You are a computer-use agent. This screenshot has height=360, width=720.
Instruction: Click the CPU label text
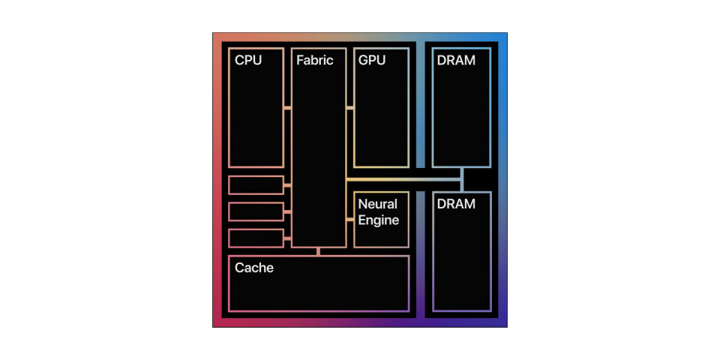pyautogui.click(x=248, y=60)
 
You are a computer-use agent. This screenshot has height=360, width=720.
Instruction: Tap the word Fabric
pyautogui.click(x=314, y=60)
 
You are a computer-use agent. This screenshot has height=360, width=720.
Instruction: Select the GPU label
pyautogui.click(x=372, y=60)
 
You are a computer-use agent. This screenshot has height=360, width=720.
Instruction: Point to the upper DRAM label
pyautogui.click(x=455, y=60)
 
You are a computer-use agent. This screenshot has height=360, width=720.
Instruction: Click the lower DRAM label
pyautogui.click(x=455, y=203)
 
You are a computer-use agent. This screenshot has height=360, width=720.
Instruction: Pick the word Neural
pyautogui.click(x=377, y=204)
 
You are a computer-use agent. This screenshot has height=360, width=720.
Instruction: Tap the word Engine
pyautogui.click(x=378, y=220)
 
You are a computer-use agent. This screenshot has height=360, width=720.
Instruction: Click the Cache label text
pyautogui.click(x=253, y=267)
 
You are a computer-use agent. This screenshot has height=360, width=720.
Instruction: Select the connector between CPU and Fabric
pyautogui.click(x=288, y=108)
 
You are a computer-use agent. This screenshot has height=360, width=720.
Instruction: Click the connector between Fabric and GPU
pyautogui.click(x=349, y=108)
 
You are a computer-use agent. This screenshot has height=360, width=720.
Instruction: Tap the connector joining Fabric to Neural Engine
pyautogui.click(x=349, y=219)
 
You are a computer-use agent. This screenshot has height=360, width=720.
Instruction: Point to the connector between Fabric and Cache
pyautogui.click(x=318, y=251)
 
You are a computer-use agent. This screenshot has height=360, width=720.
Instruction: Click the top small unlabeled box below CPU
pyautogui.click(x=256, y=184)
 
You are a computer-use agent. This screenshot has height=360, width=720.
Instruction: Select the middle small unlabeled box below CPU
pyautogui.click(x=256, y=211)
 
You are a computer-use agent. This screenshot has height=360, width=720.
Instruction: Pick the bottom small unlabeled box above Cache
pyautogui.click(x=256, y=238)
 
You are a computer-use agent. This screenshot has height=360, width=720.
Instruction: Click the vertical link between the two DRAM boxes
pyautogui.click(x=462, y=179)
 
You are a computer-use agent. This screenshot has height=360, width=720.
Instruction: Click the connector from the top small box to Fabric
pyautogui.click(x=288, y=184)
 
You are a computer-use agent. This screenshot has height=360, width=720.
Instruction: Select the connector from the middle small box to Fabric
pyautogui.click(x=288, y=211)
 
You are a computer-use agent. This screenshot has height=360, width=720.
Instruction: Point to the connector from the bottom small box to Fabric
pyautogui.click(x=288, y=238)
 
